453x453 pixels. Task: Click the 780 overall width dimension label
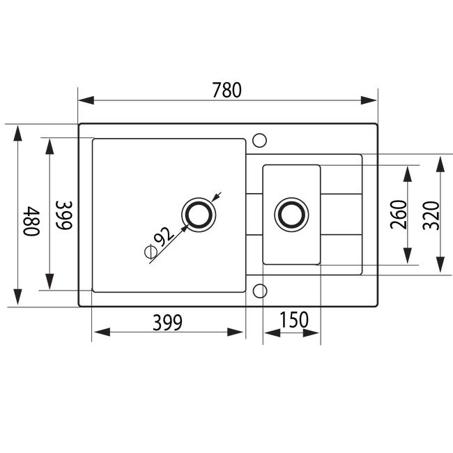pos(227,90)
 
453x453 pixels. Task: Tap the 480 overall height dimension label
pos(31,221)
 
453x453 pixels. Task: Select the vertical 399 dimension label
pos(64,215)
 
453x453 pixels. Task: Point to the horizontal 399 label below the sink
pos(167,322)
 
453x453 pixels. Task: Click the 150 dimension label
pos(294,319)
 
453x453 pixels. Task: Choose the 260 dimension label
pos(398,215)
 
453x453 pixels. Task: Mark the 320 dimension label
pos(431,215)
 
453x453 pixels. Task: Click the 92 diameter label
pos(164,236)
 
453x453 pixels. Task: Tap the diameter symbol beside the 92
pos(151,252)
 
